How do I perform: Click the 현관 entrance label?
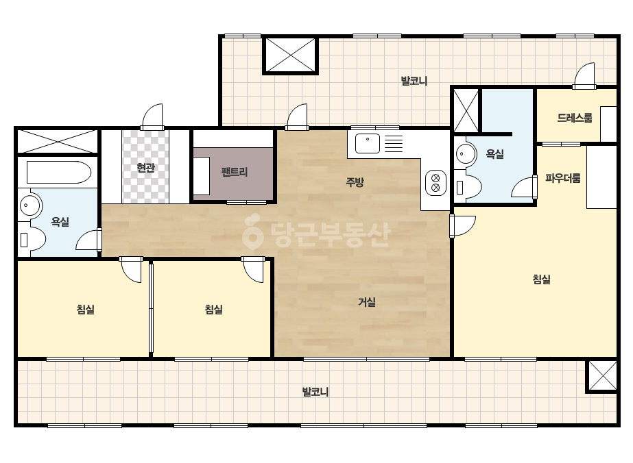click(x=146, y=167)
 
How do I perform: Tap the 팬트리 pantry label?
click(x=234, y=172)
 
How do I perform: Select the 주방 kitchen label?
click(x=355, y=182)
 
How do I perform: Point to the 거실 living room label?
click(x=367, y=301)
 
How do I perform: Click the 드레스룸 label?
click(x=575, y=118)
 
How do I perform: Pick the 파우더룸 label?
click(x=563, y=178)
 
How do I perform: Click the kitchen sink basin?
click(x=368, y=144)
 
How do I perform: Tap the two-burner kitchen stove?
click(x=435, y=183)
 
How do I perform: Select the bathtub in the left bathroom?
click(x=59, y=172)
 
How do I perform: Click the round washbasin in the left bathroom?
click(x=29, y=205)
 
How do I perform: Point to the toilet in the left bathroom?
click(x=32, y=240)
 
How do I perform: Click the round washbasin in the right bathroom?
click(x=466, y=153)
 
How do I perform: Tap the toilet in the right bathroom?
click(x=468, y=188)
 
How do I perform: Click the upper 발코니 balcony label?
click(x=414, y=81)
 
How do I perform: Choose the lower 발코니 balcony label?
click(x=315, y=392)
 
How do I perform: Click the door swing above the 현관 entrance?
click(x=153, y=117)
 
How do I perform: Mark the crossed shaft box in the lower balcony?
click(x=602, y=376)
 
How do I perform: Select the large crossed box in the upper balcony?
click(x=290, y=55)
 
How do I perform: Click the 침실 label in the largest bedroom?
click(x=541, y=279)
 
